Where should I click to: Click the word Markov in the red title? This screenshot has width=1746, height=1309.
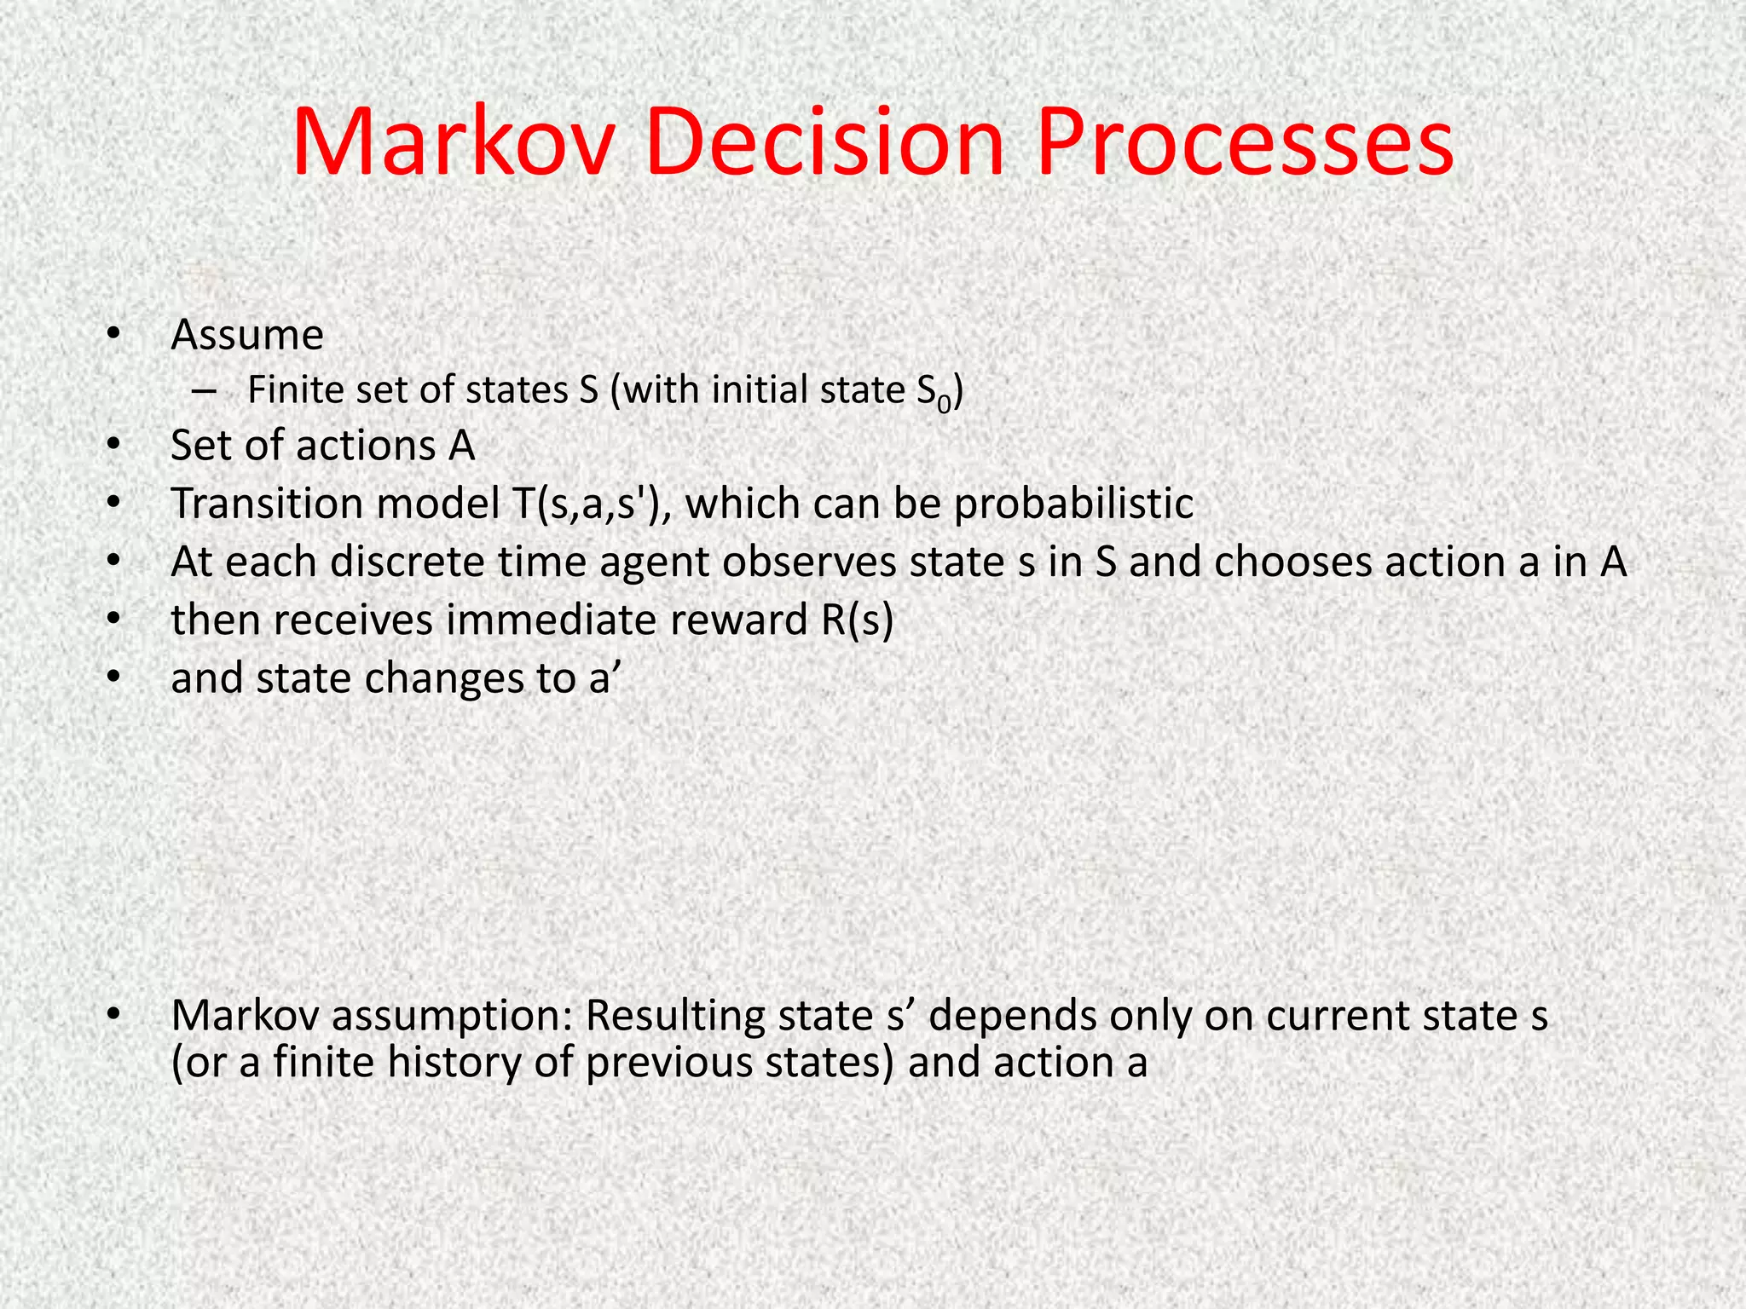coord(453,141)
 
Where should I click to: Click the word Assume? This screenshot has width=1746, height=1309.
coord(247,335)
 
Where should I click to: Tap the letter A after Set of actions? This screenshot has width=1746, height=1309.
coord(461,446)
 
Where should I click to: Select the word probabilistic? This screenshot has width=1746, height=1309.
coord(1073,504)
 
